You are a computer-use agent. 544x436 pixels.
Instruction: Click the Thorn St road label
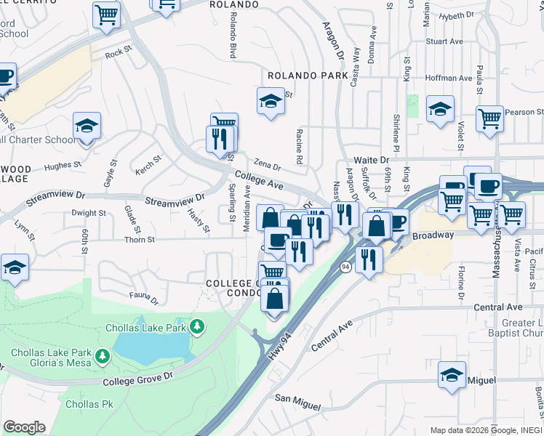coord(140,239)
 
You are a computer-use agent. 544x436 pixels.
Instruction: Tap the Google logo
coord(24,427)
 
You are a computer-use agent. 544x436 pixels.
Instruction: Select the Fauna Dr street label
coord(143,296)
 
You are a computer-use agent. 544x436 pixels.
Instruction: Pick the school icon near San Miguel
coord(452,375)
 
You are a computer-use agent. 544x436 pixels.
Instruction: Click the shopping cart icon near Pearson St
coord(490,118)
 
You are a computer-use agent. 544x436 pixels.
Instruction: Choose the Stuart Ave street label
coord(445,42)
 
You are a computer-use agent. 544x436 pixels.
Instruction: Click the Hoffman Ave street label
coord(450,78)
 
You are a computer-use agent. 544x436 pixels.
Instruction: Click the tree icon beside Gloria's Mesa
coord(103,355)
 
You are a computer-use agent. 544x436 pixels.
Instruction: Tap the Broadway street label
coord(433,235)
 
